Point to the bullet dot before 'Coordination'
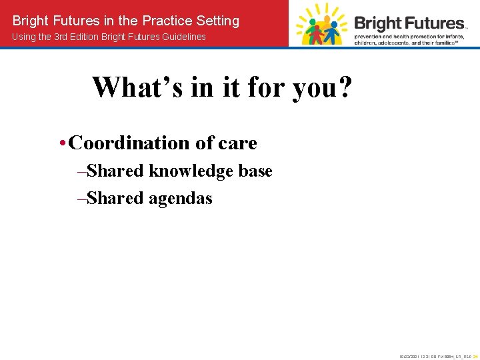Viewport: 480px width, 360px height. [61, 143]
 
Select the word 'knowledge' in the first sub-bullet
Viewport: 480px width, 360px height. [193, 171]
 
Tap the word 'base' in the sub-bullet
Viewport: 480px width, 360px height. [257, 171]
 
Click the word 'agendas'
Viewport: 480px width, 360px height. [181, 198]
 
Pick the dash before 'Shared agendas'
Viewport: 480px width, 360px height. [81, 198]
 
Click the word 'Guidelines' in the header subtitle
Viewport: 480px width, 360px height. [181, 37]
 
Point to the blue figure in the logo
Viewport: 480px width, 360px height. [334, 25]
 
